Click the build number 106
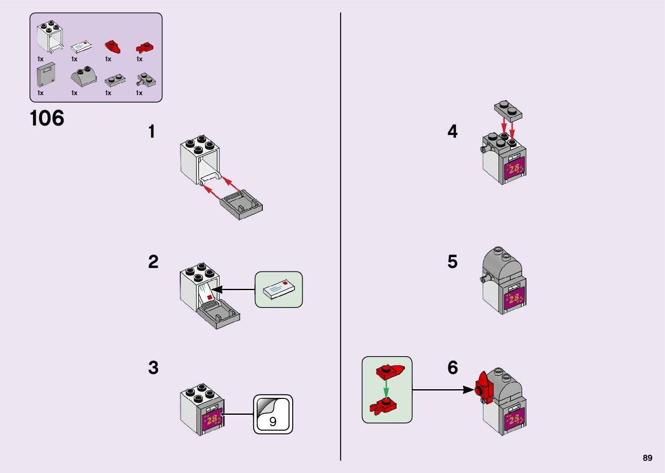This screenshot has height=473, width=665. [47, 118]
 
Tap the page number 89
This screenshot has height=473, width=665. [647, 458]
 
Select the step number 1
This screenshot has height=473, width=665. [151, 132]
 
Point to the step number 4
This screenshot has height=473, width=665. [452, 132]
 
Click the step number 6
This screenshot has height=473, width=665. [453, 367]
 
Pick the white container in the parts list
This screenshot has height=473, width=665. [50, 37]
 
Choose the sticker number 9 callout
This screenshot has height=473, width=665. [273, 414]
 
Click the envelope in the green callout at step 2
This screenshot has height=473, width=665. [278, 290]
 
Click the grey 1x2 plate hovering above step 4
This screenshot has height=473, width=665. [508, 110]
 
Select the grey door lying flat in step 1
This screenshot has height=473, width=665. [241, 204]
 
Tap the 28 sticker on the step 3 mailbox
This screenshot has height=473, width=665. [212, 420]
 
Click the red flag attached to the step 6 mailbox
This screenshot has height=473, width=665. [483, 386]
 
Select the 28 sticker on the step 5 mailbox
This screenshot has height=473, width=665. [514, 298]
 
